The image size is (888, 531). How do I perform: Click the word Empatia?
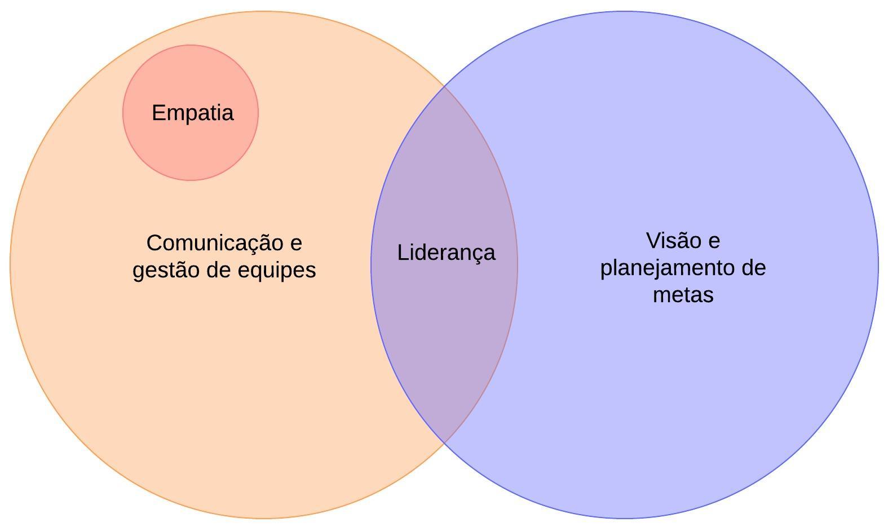pos(192,113)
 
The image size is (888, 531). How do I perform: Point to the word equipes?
pos(277,271)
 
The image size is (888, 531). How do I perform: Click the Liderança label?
pos(446,253)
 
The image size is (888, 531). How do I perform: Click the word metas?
pos(683,295)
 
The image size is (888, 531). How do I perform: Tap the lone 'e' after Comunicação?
pos(297,244)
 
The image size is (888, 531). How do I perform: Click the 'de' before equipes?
pos(219,270)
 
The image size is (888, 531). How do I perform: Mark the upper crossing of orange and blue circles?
pos(444,86)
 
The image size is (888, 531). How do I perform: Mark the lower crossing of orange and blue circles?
pos(444,442)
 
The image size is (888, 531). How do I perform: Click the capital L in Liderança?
pos(401,253)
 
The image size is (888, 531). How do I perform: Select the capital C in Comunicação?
pos(154,244)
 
